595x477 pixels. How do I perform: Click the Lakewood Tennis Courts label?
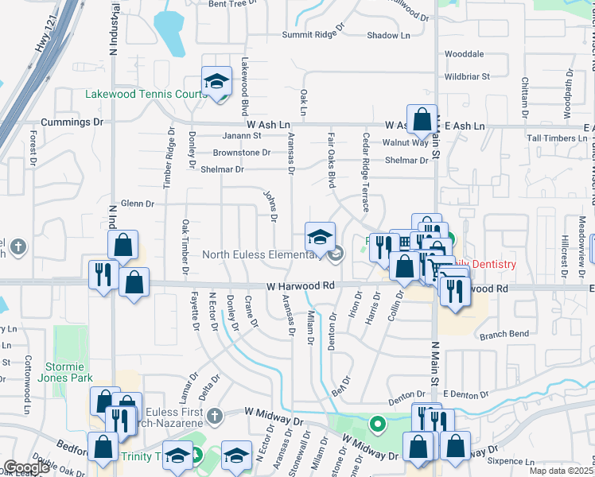point(146,95)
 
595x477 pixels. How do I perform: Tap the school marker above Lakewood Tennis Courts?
point(215,82)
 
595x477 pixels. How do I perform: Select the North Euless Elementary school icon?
point(321,238)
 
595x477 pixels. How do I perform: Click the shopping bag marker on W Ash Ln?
point(422,120)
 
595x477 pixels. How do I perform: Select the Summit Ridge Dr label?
point(314,35)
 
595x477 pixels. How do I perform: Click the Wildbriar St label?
point(467,77)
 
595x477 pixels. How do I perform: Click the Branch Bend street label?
point(504,335)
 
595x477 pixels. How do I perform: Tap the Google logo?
point(26,467)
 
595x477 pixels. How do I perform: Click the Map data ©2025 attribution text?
point(561,471)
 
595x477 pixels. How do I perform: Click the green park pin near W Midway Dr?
point(378,424)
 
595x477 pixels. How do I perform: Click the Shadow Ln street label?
point(388,35)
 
